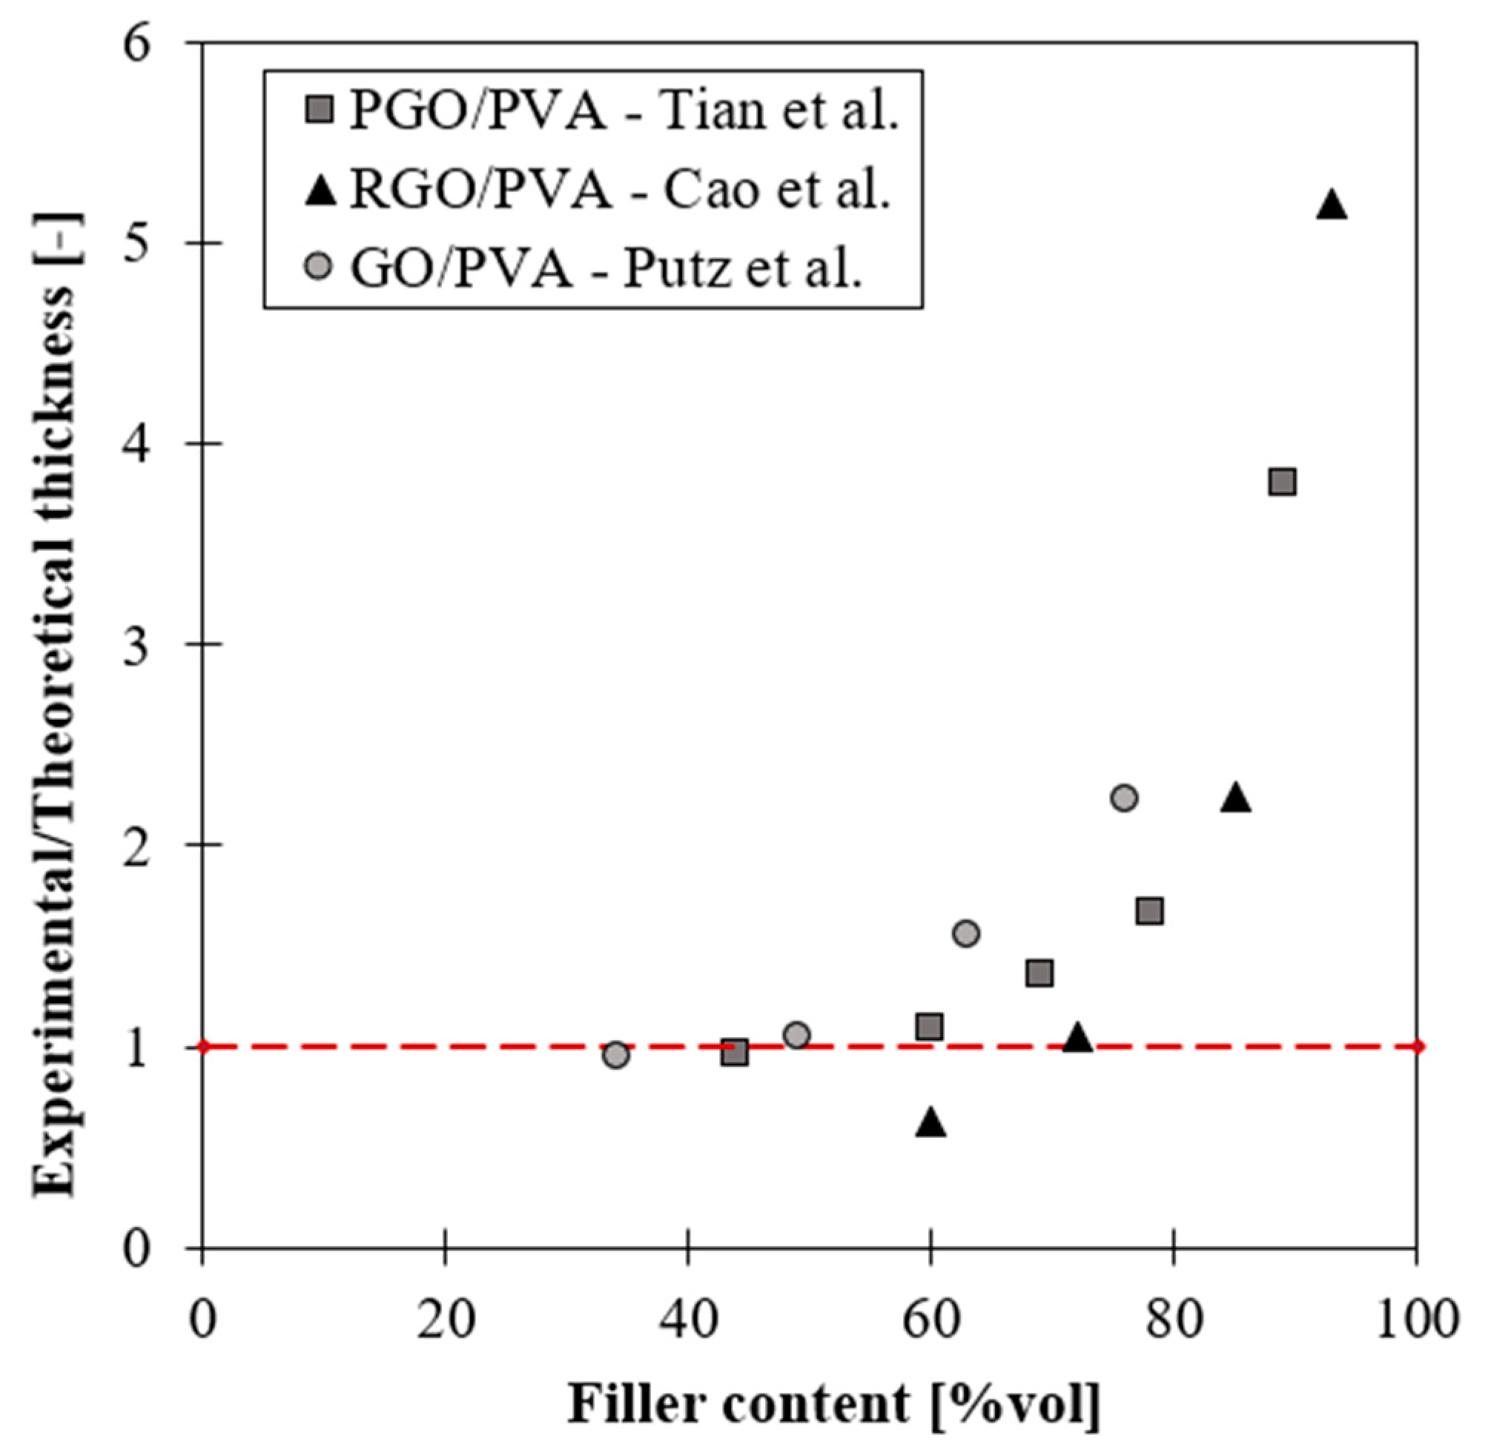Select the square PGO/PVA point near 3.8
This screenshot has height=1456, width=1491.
tap(1282, 482)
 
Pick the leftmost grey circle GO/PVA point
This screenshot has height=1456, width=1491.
tap(615, 1055)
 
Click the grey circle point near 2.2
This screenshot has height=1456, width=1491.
tap(1124, 798)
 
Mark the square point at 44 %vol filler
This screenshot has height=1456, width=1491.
tap(734, 1052)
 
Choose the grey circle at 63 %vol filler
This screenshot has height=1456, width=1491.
tap(967, 933)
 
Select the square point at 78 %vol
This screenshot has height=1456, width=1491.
tap(1150, 911)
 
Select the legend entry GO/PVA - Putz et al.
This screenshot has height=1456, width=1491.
tap(604, 269)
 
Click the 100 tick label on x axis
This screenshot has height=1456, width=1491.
tap(1416, 1320)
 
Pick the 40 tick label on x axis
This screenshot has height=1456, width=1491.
tap(689, 1320)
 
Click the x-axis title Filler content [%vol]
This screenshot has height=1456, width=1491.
tap(833, 1403)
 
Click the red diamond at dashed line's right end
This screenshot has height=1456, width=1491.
tap(1417, 1046)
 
